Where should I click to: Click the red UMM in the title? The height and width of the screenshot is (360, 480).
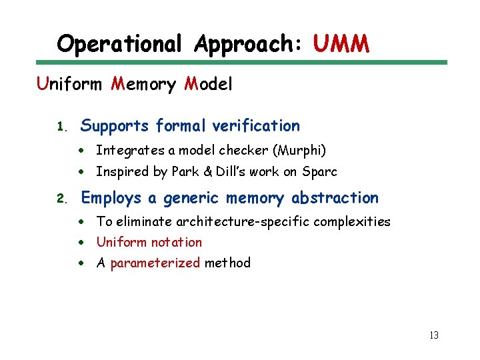coord(341,44)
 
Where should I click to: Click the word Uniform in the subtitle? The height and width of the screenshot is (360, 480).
coord(69,85)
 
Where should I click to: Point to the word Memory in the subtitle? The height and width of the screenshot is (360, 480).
coord(143,85)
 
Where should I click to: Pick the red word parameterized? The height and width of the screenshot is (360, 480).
coord(155,263)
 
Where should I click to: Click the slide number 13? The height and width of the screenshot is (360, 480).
coord(433,335)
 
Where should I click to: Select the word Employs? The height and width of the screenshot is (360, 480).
coord(111,198)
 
